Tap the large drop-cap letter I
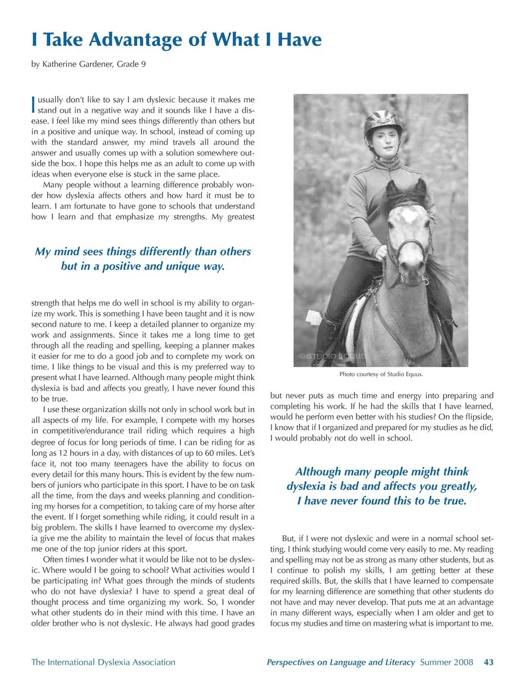click(x=34, y=104)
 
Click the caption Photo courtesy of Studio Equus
click(x=381, y=374)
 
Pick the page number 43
click(x=488, y=662)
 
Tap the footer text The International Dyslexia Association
click(x=103, y=662)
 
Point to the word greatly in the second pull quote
click(x=458, y=486)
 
